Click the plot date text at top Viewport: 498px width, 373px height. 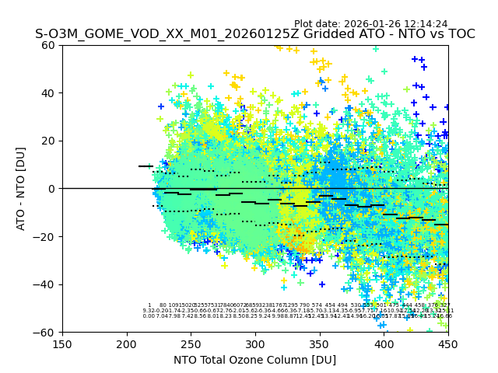click(370, 24)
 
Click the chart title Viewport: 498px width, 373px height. click(254, 35)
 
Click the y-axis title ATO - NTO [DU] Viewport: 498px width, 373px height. click(22, 188)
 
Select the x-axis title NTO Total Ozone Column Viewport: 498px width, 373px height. click(254, 360)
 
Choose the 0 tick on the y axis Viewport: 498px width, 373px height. click(53, 189)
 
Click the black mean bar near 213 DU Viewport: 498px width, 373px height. click(144, 166)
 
